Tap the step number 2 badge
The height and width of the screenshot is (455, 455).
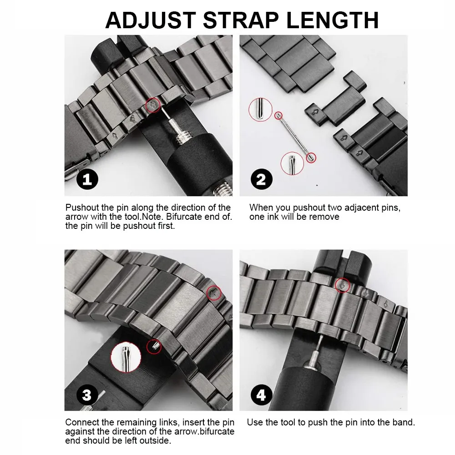(x=261, y=179)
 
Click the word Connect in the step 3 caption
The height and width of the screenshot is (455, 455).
(x=81, y=422)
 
